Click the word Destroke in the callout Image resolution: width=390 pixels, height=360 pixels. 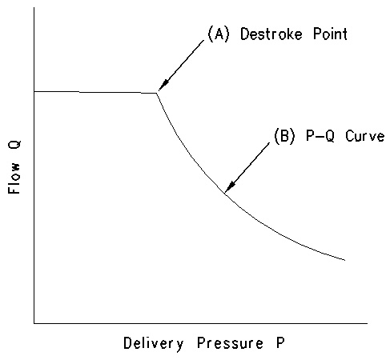pyautogui.click(x=271, y=34)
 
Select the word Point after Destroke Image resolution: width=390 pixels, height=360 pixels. pyautogui.click(x=330, y=34)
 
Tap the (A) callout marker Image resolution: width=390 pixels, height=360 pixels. pyautogui.click(x=219, y=34)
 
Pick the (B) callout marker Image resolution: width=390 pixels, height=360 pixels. pyautogui.click(x=284, y=136)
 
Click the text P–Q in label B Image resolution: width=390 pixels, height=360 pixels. pyautogui.click(x=320, y=136)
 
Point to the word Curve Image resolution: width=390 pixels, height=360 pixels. pyautogui.click(x=365, y=136)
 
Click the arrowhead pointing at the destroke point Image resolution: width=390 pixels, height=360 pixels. pyautogui.click(x=163, y=86)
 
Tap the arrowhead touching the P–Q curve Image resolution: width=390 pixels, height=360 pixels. pyautogui.click(x=229, y=186)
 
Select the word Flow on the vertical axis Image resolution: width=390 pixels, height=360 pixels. pyautogui.click(x=14, y=178)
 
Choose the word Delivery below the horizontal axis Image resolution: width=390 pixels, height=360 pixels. pyautogui.click(x=154, y=343)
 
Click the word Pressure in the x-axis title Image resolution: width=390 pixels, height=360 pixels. pyautogui.click(x=230, y=343)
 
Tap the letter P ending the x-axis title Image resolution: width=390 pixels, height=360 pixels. pyautogui.click(x=280, y=342)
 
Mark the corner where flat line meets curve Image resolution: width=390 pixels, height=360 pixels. pyautogui.click(x=156, y=93)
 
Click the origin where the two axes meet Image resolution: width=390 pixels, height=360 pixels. pyautogui.click(x=34, y=323)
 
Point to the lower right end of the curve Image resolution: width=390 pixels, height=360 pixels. pyautogui.click(x=345, y=260)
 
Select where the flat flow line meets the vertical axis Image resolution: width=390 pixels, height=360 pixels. pyautogui.click(x=34, y=91)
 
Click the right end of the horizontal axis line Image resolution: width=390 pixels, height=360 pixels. pyautogui.click(x=368, y=323)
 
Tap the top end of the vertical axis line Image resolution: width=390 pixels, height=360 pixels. pyautogui.click(x=34, y=7)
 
